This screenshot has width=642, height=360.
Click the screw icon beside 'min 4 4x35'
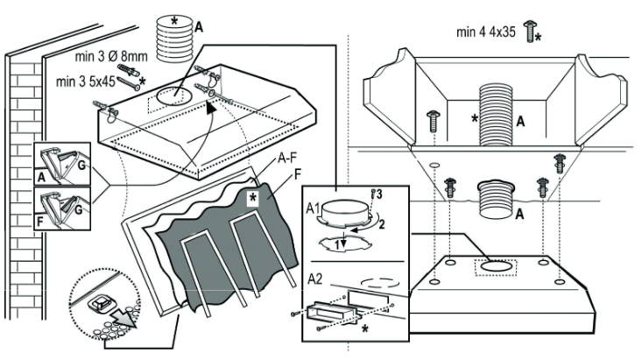coord(529,32)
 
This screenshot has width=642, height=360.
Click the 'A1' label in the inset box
coord(312,209)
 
